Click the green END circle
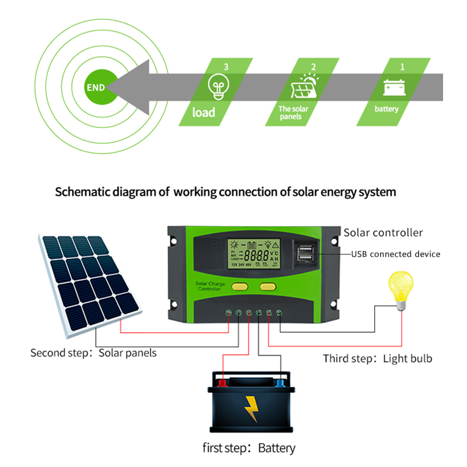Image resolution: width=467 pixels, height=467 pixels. click(96, 88)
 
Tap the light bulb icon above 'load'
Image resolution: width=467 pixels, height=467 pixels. click(217, 87)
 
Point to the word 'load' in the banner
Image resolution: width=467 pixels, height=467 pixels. click(204, 111)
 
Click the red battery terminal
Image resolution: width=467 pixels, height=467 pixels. click(222, 382)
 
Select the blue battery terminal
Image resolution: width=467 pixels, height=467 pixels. click(281, 382)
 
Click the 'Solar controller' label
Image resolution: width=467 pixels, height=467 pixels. click(383, 232)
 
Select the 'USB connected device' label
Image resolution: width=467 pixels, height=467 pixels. click(395, 254)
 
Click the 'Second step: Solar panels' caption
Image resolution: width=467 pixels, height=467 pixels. click(93, 353)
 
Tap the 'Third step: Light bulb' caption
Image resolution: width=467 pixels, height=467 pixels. click(378, 358)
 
